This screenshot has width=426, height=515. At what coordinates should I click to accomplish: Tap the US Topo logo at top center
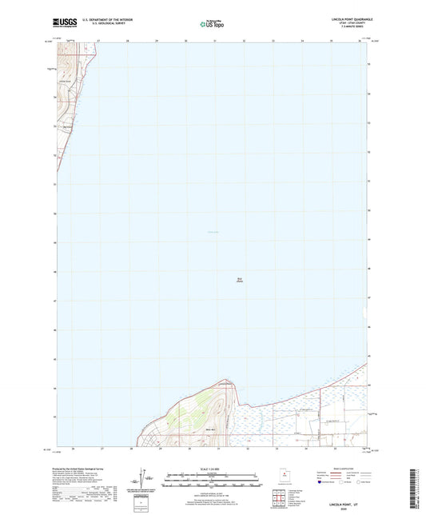(212, 24)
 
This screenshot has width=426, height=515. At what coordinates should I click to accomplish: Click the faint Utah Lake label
(212, 233)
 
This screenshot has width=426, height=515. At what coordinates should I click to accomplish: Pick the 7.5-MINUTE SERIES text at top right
(352, 29)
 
